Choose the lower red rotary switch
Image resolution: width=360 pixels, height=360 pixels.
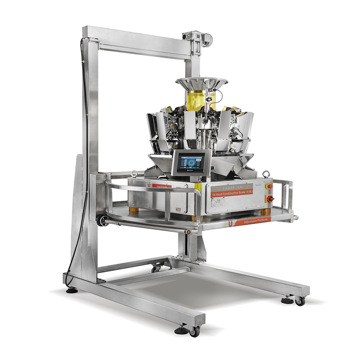(270, 198)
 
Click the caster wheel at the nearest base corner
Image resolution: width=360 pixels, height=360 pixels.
(193, 332)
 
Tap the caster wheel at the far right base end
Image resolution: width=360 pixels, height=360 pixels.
(300, 302)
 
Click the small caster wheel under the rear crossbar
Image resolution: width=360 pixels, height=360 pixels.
(157, 269)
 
